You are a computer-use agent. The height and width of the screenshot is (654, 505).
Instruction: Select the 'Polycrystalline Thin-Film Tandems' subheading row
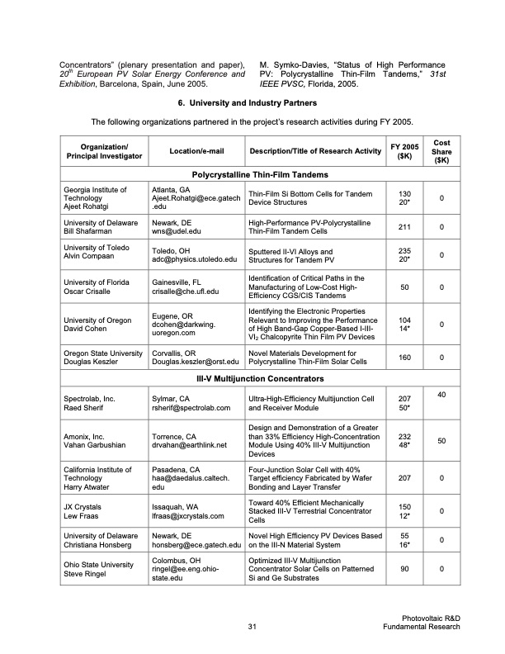pos(260,175)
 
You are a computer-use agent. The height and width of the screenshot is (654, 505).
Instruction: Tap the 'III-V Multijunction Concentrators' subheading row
pos(260,378)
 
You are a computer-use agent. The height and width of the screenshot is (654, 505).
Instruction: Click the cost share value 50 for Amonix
pos(442,442)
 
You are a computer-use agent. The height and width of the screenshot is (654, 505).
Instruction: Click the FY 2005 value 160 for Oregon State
pos(404,358)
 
